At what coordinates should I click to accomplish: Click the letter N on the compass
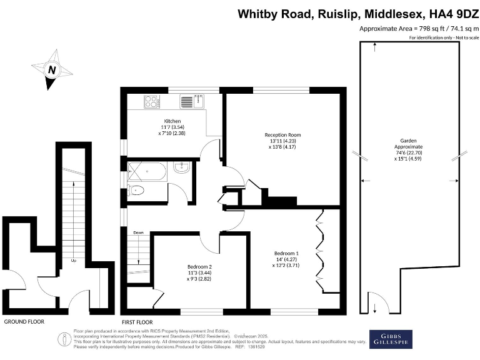click(52, 70)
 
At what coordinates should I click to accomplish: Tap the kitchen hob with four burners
click(151, 101)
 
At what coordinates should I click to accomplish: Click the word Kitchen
click(172, 121)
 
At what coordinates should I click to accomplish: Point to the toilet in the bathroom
click(138, 191)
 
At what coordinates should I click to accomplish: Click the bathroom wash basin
click(182, 167)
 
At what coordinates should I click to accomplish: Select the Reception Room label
click(282, 134)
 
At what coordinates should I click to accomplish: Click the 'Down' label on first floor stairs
click(138, 232)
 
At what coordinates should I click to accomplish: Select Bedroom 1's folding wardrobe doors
click(321, 250)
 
